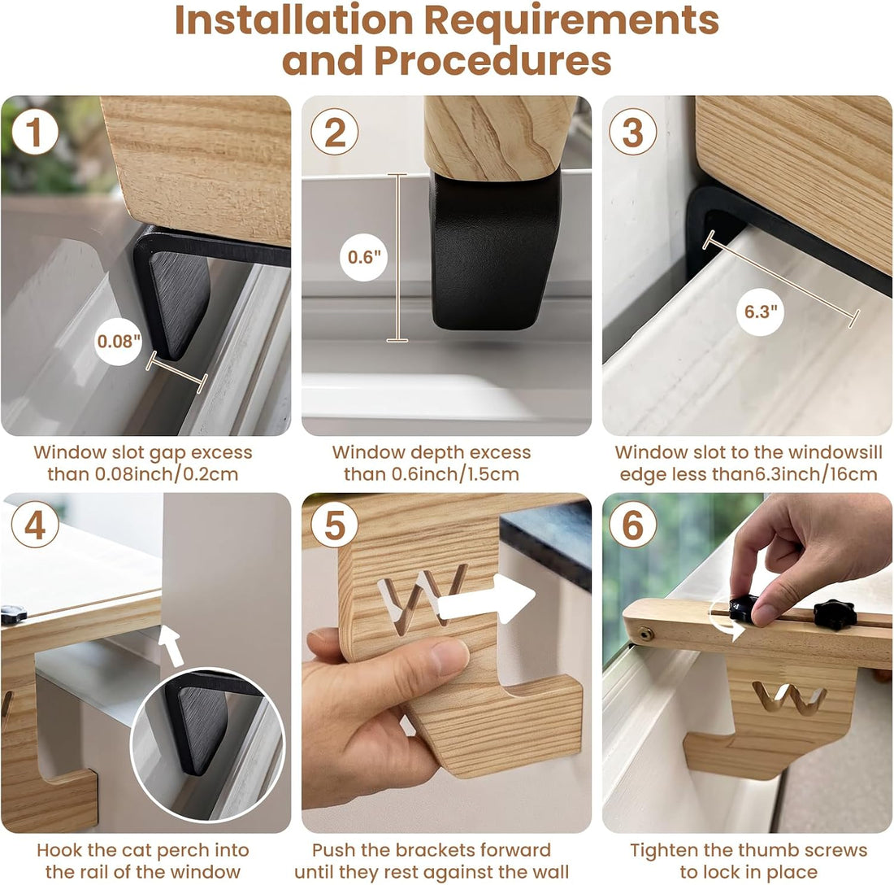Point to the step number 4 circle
(35, 525)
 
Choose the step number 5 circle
(335, 525)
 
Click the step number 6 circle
(633, 525)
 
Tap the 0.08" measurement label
(119, 341)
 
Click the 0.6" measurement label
(364, 257)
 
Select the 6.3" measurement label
(761, 312)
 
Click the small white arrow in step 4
(172, 645)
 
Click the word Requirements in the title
(571, 20)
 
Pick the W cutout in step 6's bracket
(790, 698)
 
